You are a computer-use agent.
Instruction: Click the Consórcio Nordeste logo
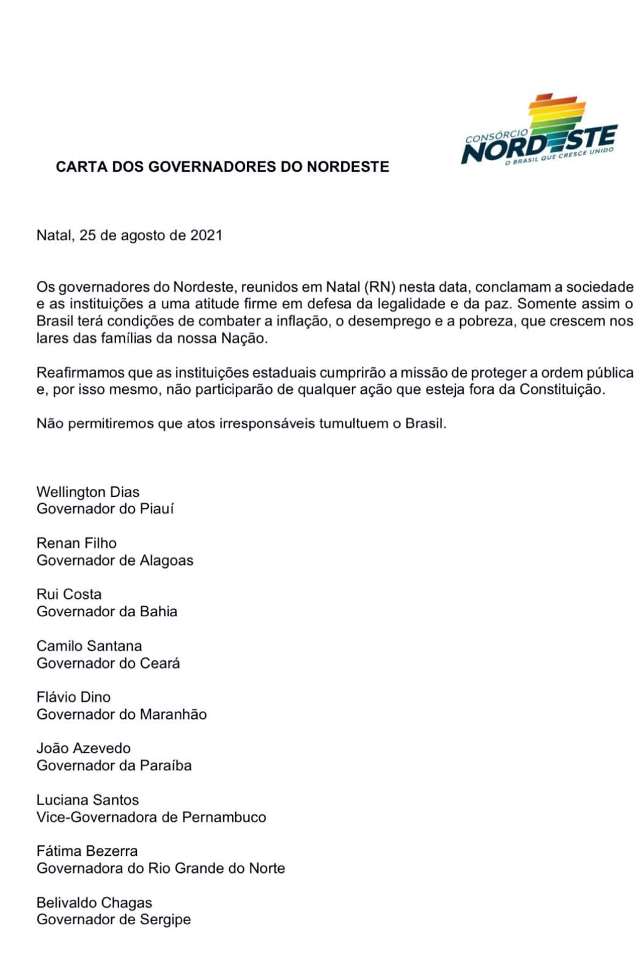pyautogui.click(x=539, y=132)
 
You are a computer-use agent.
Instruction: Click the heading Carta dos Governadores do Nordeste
pyautogui.click(x=222, y=167)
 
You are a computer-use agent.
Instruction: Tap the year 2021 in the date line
pyautogui.click(x=206, y=235)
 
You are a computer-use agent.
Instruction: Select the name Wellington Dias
pyautogui.click(x=88, y=492)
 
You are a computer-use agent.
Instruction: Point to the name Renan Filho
pyautogui.click(x=76, y=543)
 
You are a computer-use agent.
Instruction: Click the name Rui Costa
pyautogui.click(x=69, y=594)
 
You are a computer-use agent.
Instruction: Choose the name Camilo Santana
pyautogui.click(x=89, y=645)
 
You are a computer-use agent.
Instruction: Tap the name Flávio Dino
pyautogui.click(x=73, y=697)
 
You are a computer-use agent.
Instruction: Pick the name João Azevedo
pyautogui.click(x=84, y=748)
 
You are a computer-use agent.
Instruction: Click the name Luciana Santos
pyautogui.click(x=87, y=800)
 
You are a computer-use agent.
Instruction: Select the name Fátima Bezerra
pyautogui.click(x=87, y=851)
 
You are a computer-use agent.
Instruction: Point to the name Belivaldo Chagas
pyautogui.click(x=94, y=902)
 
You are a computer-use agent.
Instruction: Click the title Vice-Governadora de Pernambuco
pyautogui.click(x=152, y=817)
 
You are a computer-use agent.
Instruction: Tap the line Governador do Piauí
pyautogui.click(x=105, y=509)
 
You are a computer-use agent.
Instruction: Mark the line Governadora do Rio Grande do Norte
pyautogui.click(x=161, y=869)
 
